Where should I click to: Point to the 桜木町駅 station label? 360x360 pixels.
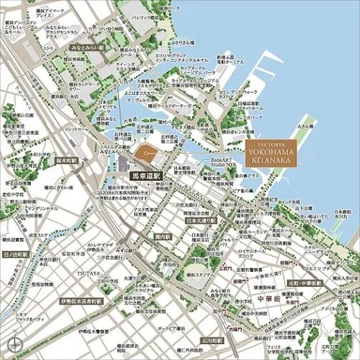click(x=45, y=161)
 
